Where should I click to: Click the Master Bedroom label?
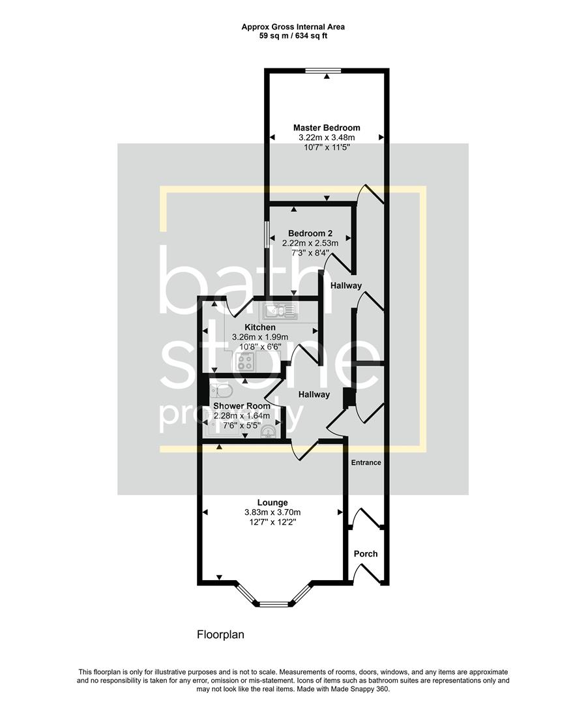(x=326, y=128)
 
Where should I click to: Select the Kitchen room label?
(x=259, y=327)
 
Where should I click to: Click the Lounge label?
(x=272, y=503)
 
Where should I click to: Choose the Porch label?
(x=366, y=554)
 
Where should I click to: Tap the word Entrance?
(x=366, y=463)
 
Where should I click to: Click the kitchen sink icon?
(x=279, y=310)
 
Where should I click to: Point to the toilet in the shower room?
(x=220, y=391)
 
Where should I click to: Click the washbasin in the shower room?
(x=275, y=430)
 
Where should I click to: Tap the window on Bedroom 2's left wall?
(x=265, y=234)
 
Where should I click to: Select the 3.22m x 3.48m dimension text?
(x=326, y=138)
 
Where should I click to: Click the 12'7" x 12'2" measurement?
(x=272, y=522)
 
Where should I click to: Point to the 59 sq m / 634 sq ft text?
(x=293, y=36)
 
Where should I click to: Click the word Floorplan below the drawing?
(x=220, y=634)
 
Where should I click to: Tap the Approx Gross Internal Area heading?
(x=293, y=27)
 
